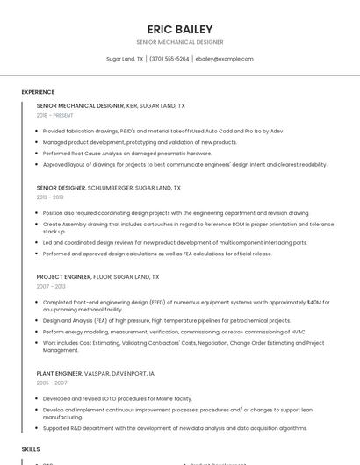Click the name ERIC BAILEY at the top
coord(179,29)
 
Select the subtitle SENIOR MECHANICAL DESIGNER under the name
coord(179,42)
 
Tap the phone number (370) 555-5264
coord(169,59)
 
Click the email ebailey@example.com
coord(224,59)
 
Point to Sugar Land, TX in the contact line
coord(125,59)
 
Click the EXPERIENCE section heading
coord(38,92)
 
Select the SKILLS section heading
coord(31,448)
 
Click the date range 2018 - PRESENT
coord(55,115)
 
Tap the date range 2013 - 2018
coord(50,197)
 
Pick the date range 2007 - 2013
coord(51,286)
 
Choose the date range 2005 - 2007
coord(51,383)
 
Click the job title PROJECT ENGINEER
coord(63,277)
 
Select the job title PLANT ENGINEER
coord(59,374)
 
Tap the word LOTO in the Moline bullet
coord(95,398)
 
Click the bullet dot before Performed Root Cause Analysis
coord(38,154)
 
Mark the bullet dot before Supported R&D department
coord(38,428)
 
